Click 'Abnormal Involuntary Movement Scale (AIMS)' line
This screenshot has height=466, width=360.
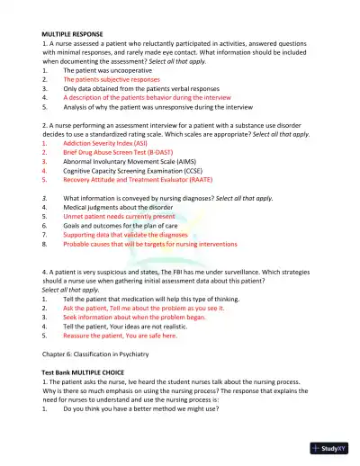tap(125, 163)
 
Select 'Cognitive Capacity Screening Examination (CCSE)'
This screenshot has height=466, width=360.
tap(130, 173)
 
